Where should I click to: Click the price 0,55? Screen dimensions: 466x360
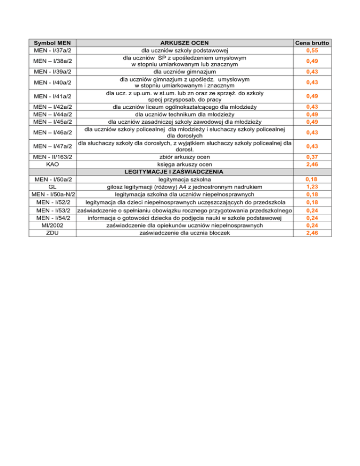[313, 50]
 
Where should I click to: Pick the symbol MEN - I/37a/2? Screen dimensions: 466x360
[53, 50]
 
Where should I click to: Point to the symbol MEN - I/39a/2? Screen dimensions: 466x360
[53, 72]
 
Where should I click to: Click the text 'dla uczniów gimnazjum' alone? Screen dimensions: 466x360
[185, 72]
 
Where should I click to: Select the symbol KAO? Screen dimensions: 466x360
[53, 165]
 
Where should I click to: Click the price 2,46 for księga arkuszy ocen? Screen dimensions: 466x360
[313, 165]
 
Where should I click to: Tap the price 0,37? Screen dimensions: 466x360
[313, 156]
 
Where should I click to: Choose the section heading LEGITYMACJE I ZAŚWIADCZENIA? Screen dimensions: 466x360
[185, 172]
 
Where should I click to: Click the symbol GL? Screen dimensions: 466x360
[53, 187]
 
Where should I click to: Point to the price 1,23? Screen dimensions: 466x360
[313, 187]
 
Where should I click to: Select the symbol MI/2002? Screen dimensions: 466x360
[53, 225]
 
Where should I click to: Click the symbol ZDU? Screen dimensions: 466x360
[53, 233]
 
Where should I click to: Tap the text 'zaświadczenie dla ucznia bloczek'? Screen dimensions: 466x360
[185, 233]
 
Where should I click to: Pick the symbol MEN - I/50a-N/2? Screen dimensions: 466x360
[53, 194]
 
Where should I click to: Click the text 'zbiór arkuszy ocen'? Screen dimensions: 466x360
[185, 156]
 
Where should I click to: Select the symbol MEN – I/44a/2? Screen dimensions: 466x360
[53, 114]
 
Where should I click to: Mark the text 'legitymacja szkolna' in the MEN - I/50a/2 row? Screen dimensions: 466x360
[185, 180]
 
